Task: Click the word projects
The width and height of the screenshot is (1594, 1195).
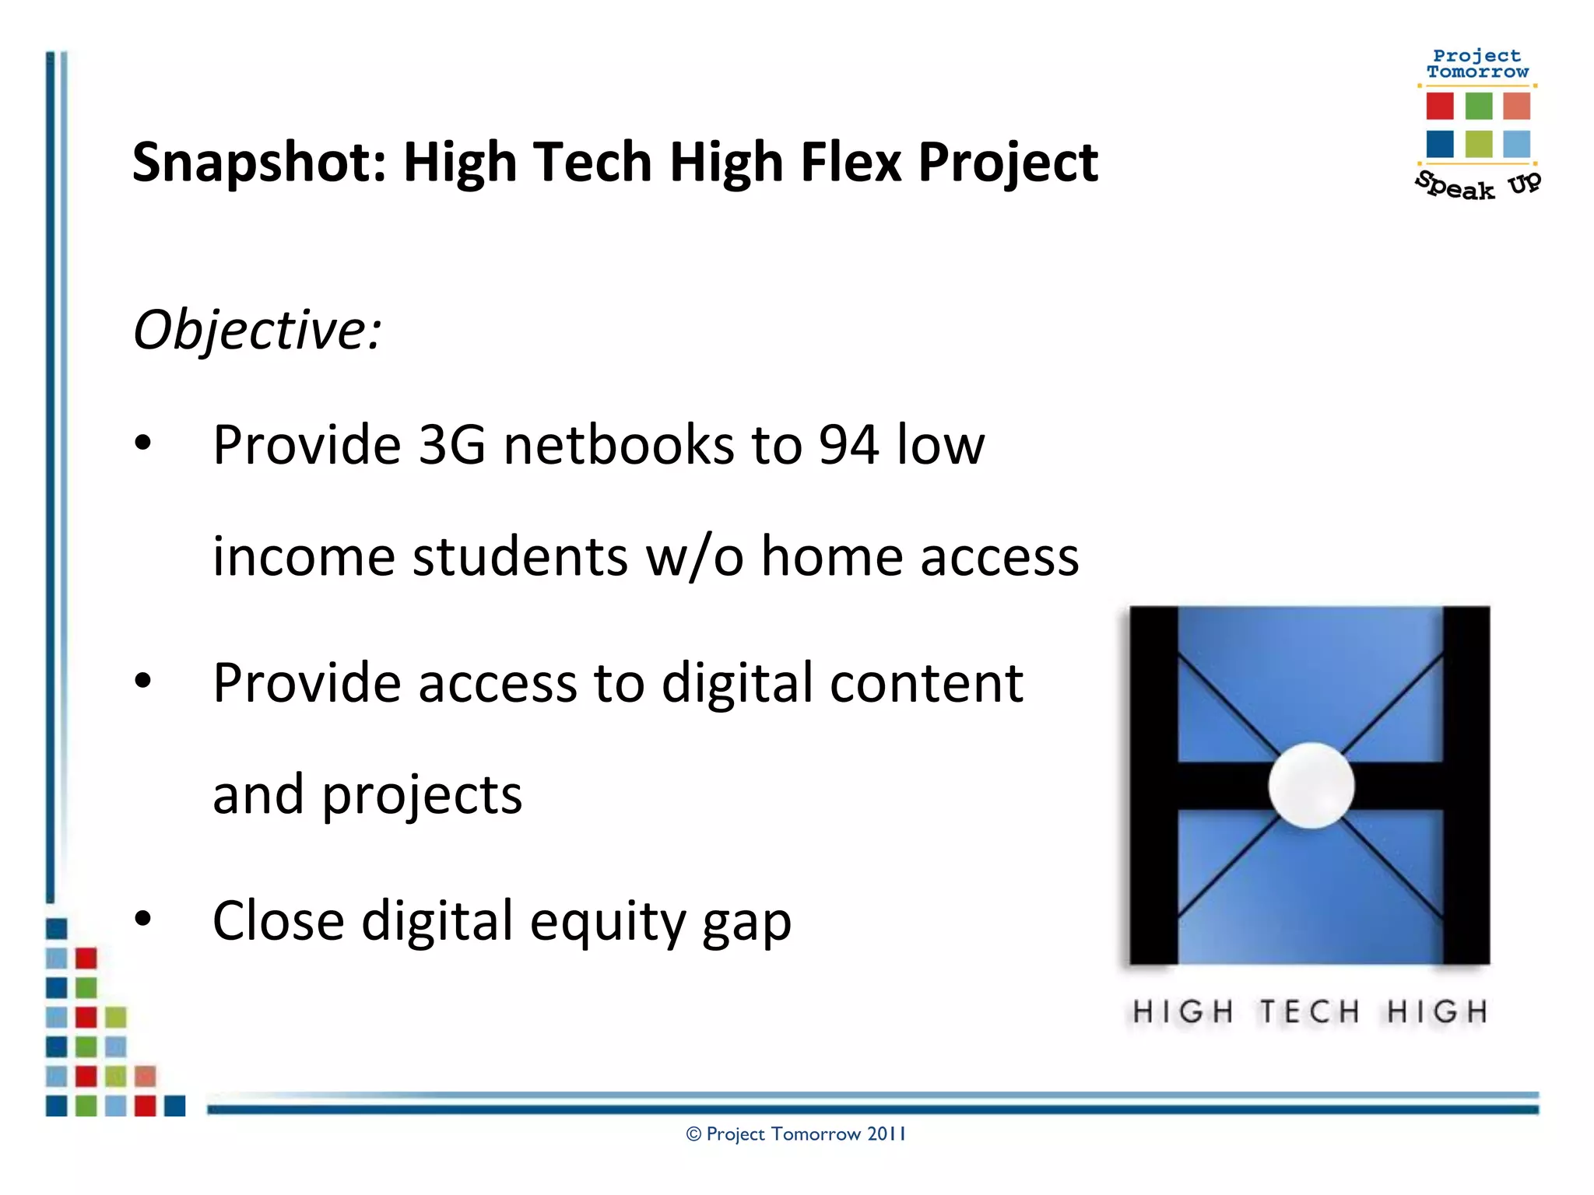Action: tap(422, 796)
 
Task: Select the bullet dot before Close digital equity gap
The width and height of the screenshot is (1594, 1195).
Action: tap(142, 919)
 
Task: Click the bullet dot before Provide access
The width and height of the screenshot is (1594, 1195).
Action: tap(142, 681)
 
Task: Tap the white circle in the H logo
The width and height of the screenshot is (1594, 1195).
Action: tap(1311, 785)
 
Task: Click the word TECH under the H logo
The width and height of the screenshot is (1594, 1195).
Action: tap(1310, 1011)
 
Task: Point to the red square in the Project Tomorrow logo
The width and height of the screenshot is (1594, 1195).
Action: tap(1440, 106)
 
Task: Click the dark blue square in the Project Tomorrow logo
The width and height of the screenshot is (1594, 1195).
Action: tap(1440, 144)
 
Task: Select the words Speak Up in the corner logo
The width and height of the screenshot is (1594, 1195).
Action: tap(1476, 186)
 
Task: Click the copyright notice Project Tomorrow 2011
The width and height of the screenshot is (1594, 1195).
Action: tap(796, 1134)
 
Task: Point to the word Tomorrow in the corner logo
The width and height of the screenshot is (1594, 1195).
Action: tap(1477, 72)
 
